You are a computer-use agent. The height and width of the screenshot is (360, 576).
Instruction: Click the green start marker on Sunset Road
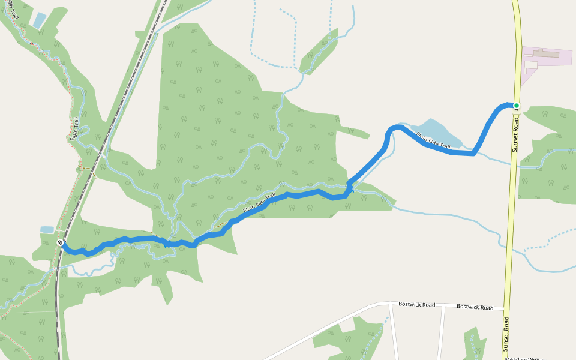(x=516, y=106)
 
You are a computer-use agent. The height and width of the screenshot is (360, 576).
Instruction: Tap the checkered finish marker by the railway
(x=60, y=242)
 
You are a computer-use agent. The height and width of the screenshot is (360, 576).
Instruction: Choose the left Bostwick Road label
(x=416, y=305)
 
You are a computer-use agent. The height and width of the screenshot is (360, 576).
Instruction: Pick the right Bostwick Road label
(x=475, y=307)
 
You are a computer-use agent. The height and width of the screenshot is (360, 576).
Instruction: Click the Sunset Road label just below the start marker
(x=515, y=133)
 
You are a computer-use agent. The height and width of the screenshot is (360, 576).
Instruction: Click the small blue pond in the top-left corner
(x=39, y=20)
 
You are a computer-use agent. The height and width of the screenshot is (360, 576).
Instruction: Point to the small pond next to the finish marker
(x=47, y=230)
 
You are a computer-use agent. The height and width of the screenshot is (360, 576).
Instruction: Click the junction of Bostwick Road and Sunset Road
(x=505, y=309)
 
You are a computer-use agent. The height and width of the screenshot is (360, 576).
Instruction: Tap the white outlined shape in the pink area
(x=530, y=65)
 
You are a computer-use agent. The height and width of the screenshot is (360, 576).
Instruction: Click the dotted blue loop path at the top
(x=273, y=36)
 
